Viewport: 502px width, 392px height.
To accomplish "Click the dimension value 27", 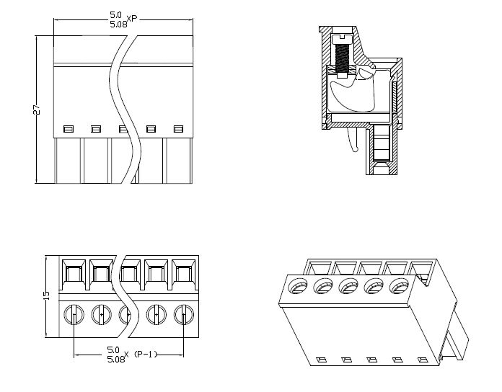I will click(x=36, y=109).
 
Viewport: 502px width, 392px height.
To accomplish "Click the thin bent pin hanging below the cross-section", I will click(x=352, y=141).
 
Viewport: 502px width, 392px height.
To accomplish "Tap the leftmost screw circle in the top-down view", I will click(x=74, y=314).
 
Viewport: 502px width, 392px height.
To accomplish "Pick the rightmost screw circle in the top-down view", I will click(x=183, y=314).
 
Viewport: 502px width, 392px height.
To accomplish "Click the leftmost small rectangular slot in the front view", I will click(x=69, y=129).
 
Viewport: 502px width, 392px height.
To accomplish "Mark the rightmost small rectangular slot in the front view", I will click(x=178, y=129).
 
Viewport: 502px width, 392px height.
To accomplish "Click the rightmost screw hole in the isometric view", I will click(x=396, y=287).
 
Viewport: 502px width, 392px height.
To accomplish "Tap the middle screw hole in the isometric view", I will click(x=347, y=287).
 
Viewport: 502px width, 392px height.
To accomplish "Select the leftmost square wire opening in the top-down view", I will click(x=74, y=273).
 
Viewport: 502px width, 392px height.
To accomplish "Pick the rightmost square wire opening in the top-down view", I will click(x=183, y=273).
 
